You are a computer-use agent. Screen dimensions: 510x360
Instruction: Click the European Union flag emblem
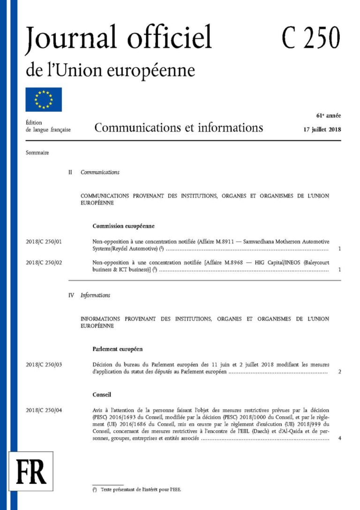click(x=44, y=99)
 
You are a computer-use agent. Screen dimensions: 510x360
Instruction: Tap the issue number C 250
click(x=310, y=38)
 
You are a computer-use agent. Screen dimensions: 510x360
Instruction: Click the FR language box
click(x=31, y=471)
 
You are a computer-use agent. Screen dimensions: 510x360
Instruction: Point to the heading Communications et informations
click(x=179, y=128)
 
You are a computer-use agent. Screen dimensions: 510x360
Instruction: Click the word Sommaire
click(x=37, y=152)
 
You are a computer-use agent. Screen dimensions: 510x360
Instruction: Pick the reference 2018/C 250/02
click(x=45, y=263)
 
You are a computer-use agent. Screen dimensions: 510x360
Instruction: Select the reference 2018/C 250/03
click(x=45, y=365)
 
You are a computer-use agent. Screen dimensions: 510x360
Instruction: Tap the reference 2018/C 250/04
click(x=45, y=411)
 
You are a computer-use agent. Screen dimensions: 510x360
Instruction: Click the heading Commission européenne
click(x=123, y=226)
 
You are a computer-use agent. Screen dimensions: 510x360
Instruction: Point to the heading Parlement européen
click(x=118, y=349)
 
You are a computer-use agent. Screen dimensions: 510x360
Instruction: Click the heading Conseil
click(x=102, y=395)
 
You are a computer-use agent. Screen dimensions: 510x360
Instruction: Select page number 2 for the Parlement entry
click(x=339, y=372)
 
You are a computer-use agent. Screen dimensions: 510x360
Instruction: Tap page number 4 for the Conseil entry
click(x=339, y=439)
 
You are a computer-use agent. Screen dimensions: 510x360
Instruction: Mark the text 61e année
click(x=328, y=115)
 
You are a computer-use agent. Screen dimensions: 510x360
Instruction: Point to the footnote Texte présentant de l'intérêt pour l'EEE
click(x=140, y=489)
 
